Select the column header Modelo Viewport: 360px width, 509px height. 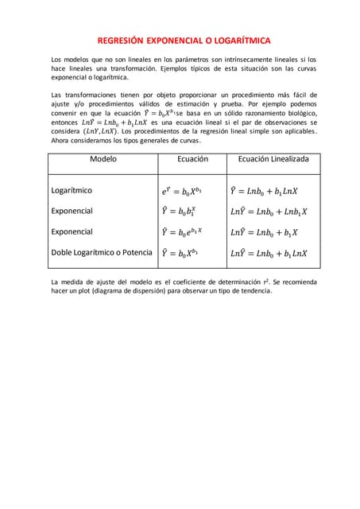(103, 159)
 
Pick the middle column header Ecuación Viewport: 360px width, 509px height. (192, 159)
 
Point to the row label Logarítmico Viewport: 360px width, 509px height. (72, 191)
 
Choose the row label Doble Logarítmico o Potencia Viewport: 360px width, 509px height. (101, 252)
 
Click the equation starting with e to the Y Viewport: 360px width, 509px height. (182, 191)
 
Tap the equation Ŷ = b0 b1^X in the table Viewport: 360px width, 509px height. (179, 212)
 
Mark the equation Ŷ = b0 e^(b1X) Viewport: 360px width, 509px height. (182, 232)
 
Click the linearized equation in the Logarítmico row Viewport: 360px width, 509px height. (263, 191)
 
